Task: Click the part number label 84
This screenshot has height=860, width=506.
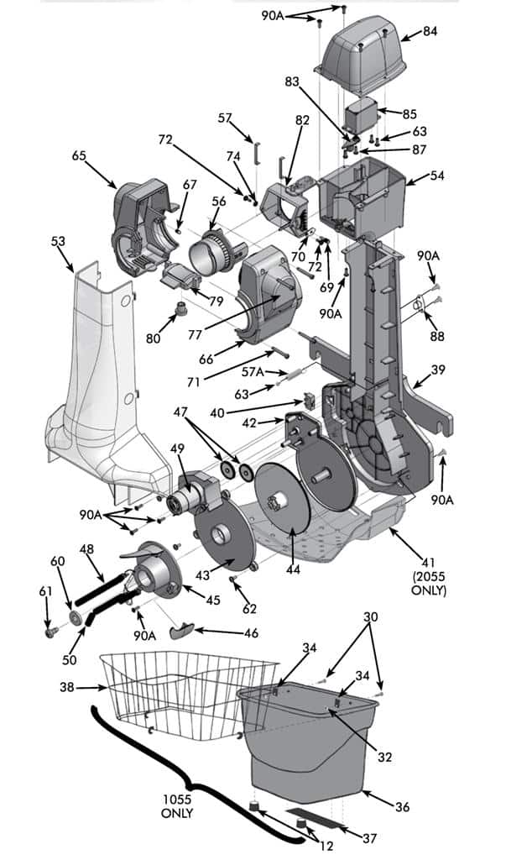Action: pyautogui.click(x=430, y=32)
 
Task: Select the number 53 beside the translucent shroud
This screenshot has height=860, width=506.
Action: pyautogui.click(x=58, y=242)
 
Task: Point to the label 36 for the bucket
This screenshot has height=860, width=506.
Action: pyautogui.click(x=402, y=807)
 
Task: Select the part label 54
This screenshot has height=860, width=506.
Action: pyautogui.click(x=437, y=178)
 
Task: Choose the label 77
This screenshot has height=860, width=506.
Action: pyautogui.click(x=195, y=333)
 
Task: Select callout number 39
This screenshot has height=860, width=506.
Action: pyautogui.click(x=438, y=370)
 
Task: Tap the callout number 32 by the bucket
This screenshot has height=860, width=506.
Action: pyautogui.click(x=384, y=757)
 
